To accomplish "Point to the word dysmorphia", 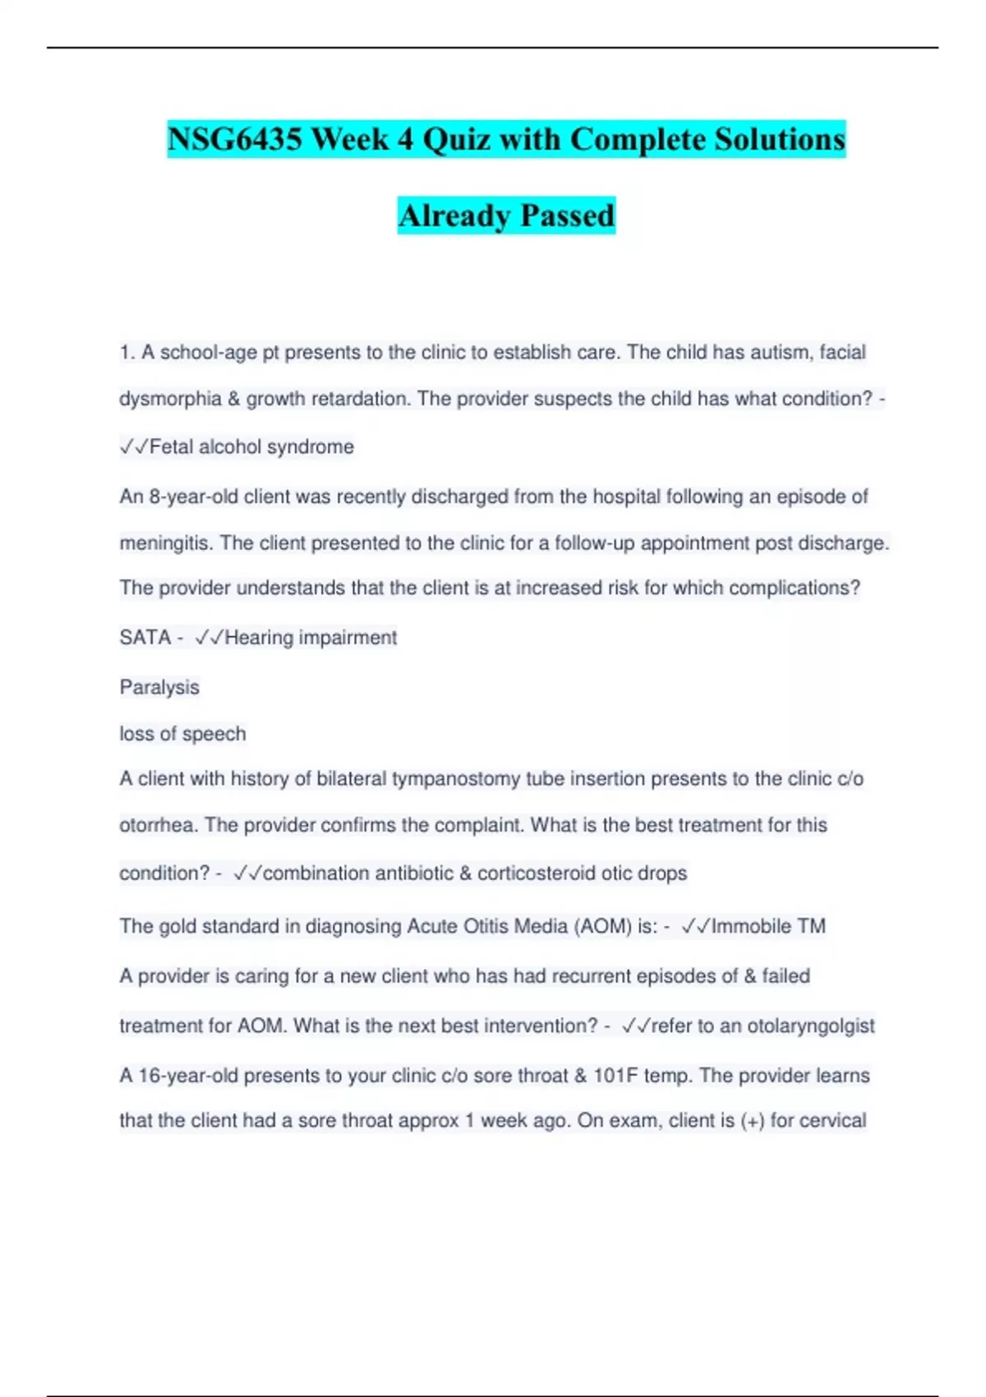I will point(170,399).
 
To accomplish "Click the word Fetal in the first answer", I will point(171,447).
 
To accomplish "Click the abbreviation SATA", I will point(145,638).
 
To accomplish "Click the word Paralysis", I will point(159,687).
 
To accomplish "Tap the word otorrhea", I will point(158,825).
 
